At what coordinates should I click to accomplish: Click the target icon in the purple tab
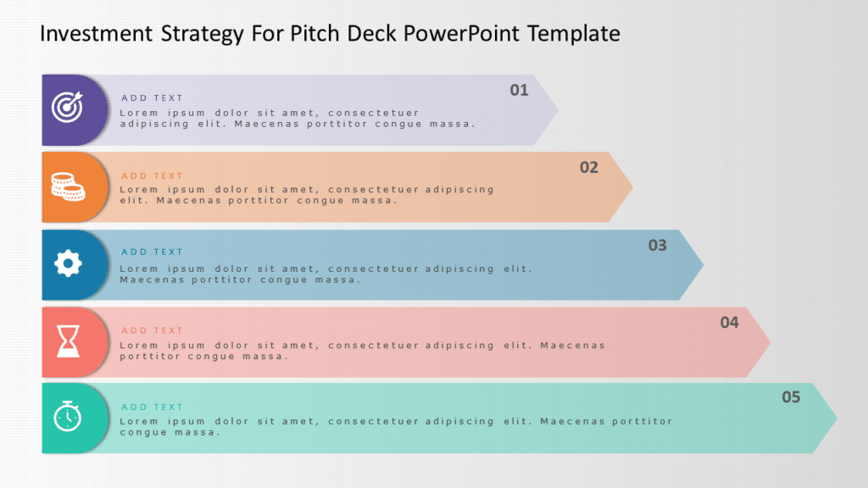tap(67, 108)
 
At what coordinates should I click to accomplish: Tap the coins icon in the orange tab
tap(67, 186)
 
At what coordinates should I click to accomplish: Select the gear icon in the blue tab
tap(67, 264)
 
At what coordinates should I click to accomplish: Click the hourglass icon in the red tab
tap(67, 341)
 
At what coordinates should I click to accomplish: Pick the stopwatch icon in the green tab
tap(67, 418)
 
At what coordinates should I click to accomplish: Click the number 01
tap(519, 90)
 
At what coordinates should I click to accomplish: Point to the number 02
tap(589, 168)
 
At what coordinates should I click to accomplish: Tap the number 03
tap(658, 246)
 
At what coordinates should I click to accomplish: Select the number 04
tap(729, 323)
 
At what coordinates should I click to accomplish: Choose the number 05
tap(791, 397)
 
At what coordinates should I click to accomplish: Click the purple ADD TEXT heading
tap(152, 98)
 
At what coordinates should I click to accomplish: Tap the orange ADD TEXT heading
tap(152, 176)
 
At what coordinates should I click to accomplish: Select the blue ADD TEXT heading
tap(152, 252)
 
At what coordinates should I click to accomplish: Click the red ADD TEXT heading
tap(152, 330)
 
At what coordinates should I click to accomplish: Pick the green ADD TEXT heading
tap(152, 407)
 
